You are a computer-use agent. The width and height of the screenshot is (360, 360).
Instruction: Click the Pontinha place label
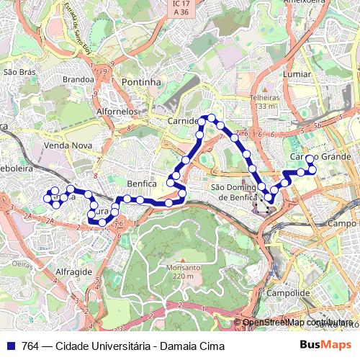point(141,82)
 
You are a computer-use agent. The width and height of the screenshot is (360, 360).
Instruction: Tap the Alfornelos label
point(117,112)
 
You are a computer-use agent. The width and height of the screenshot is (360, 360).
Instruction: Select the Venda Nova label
point(63,145)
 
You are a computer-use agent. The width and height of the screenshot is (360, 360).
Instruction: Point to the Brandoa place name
point(78,79)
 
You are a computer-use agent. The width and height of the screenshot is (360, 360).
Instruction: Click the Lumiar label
point(297,74)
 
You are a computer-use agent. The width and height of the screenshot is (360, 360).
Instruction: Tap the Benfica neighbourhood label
point(142,184)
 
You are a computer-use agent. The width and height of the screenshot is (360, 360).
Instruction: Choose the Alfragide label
point(73,271)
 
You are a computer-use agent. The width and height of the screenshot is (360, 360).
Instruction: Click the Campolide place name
point(288,293)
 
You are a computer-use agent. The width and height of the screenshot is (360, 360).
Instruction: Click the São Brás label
point(19,72)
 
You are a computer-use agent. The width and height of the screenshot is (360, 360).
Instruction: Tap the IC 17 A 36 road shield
point(180,7)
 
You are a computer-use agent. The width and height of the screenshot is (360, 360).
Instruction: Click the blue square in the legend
point(11,346)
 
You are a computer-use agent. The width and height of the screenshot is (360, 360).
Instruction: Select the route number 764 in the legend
point(31,346)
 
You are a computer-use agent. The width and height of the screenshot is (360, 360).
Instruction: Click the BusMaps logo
point(325,345)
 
